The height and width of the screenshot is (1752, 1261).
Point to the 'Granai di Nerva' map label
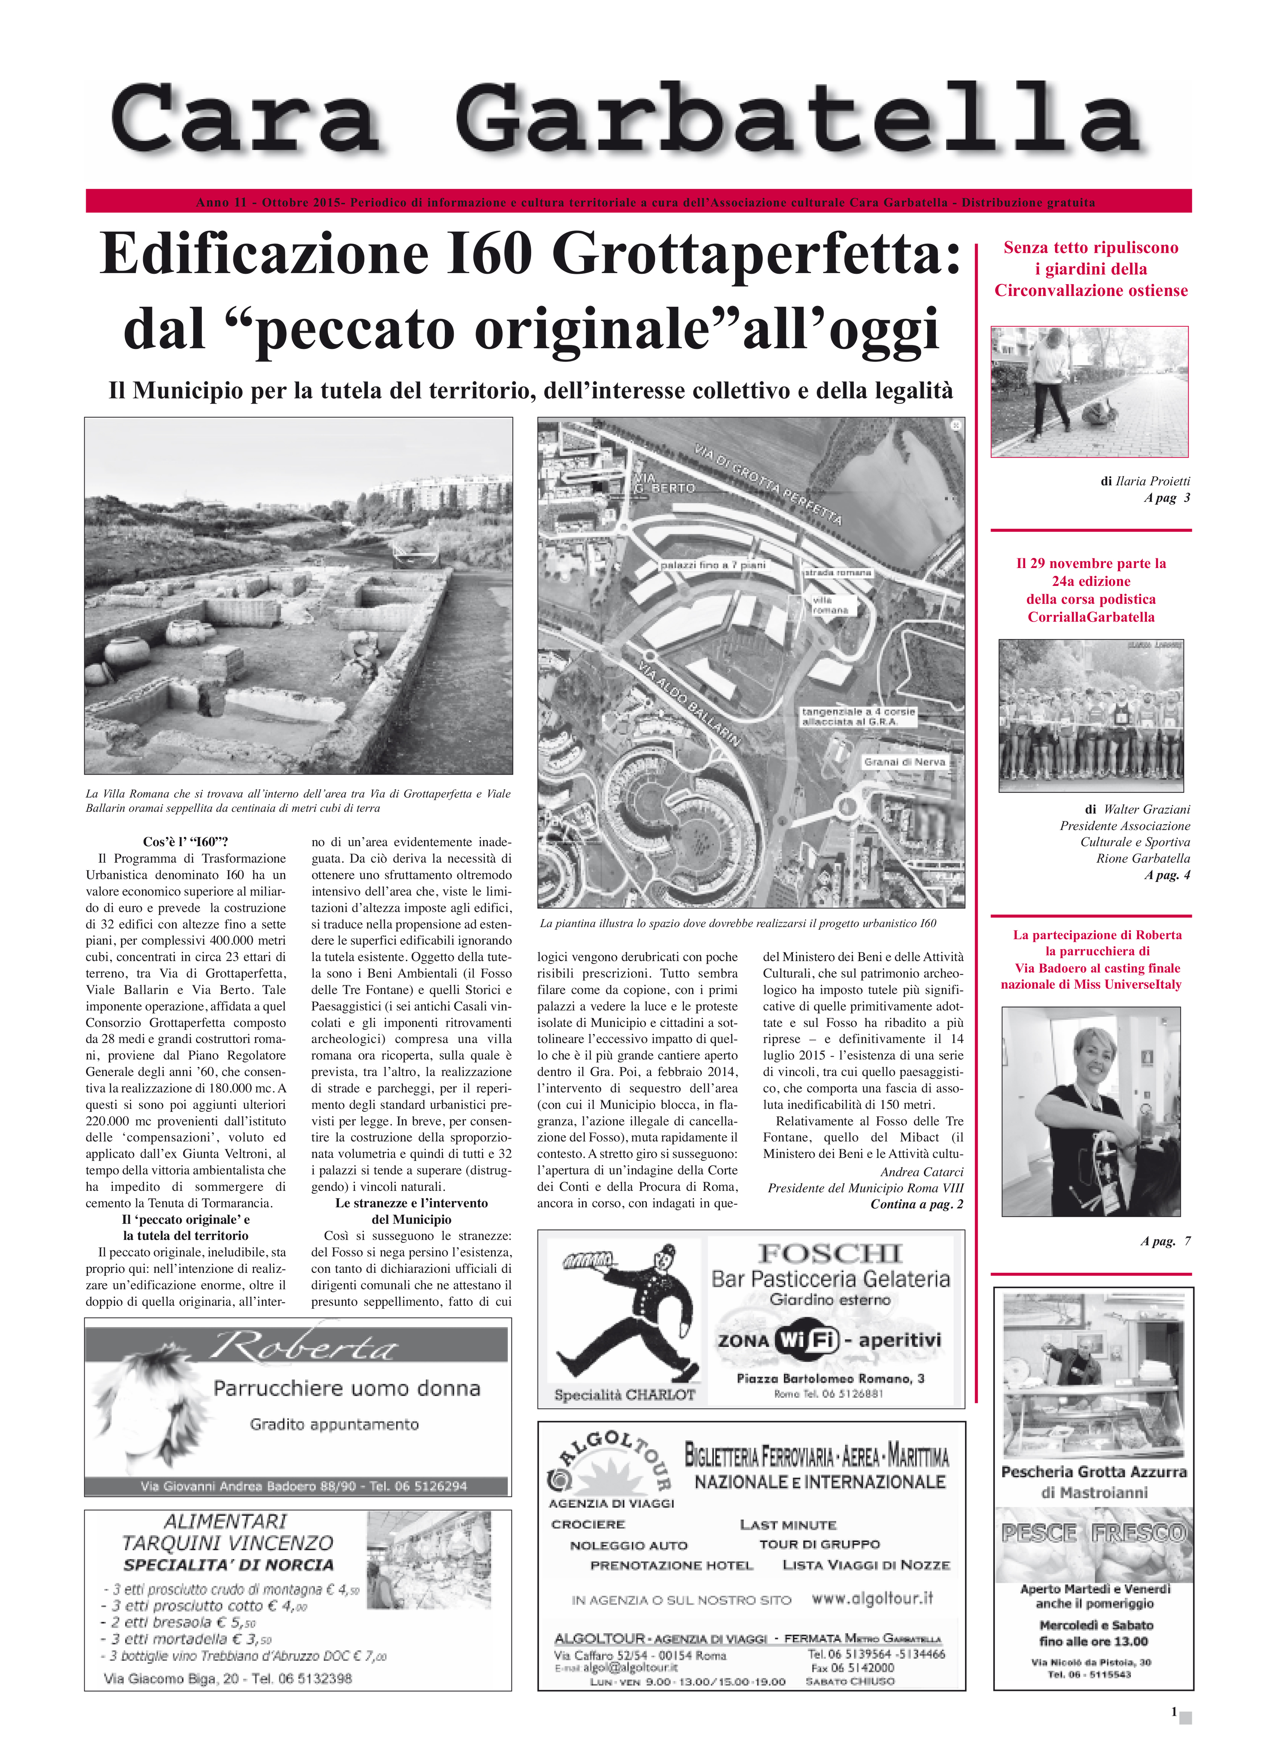904,762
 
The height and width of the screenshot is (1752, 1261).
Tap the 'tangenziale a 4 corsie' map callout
858,716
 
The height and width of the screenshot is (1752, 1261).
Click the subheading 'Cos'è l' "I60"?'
185,842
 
